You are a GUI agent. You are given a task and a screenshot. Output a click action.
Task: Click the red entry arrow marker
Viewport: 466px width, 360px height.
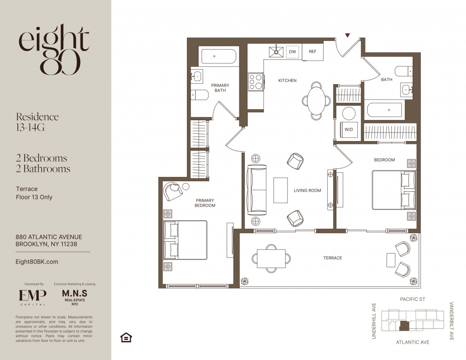click(x=347, y=35)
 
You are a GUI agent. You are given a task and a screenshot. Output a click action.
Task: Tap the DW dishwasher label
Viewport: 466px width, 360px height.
click(x=293, y=51)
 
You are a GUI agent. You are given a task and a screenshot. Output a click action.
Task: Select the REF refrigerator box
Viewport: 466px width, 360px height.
click(x=313, y=52)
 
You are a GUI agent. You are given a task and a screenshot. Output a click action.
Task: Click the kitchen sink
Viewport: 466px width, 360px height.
click(x=276, y=52)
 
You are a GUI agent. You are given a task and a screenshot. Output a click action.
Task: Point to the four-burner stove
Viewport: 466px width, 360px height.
click(x=256, y=82)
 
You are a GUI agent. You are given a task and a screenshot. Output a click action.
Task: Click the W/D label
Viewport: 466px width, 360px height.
click(x=349, y=130)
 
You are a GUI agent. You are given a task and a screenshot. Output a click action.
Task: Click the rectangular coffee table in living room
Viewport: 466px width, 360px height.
click(x=280, y=190)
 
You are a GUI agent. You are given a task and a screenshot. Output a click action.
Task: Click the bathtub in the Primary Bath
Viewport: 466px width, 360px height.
click(x=219, y=56)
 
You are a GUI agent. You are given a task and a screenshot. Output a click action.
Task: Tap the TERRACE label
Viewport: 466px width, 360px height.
click(x=333, y=258)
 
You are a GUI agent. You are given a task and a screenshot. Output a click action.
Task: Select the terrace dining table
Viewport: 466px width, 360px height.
click(x=272, y=259)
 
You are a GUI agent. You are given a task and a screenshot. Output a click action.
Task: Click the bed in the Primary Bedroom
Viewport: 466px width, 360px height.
click(x=185, y=240)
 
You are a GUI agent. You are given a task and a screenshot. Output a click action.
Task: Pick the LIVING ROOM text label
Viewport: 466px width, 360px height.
click(x=307, y=191)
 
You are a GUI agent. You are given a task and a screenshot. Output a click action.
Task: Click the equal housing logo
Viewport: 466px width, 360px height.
click(x=126, y=337)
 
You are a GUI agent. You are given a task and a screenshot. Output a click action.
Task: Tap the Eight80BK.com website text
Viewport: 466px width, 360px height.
click(x=37, y=262)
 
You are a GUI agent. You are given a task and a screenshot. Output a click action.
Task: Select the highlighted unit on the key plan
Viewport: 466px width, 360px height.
click(x=404, y=326)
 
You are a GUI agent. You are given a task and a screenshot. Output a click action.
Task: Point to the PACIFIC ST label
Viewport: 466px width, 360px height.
click(x=412, y=299)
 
